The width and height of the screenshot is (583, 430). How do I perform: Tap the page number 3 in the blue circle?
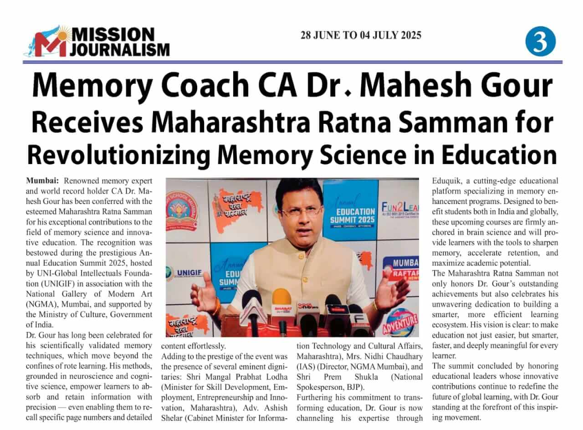pyautogui.click(x=541, y=41)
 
